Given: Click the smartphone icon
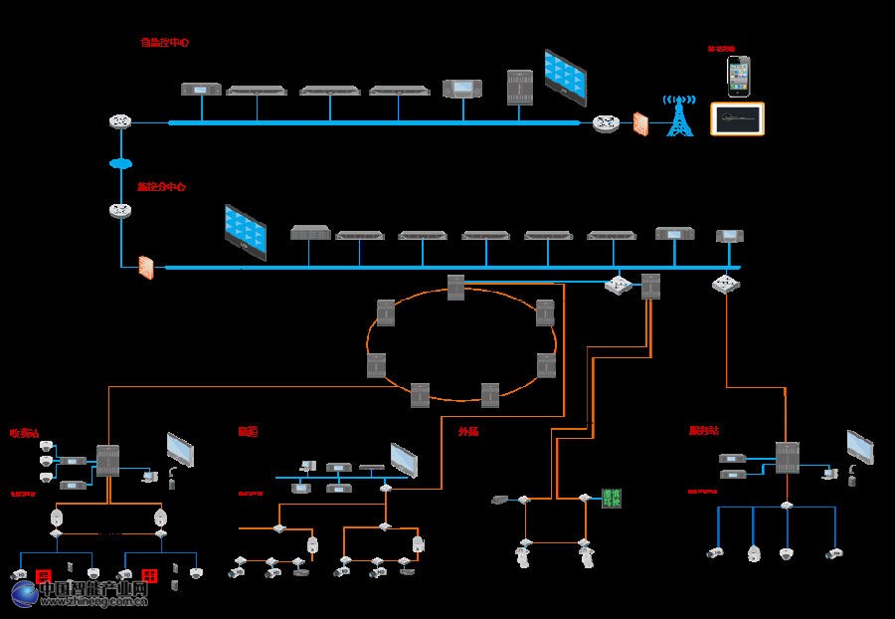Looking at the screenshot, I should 737,76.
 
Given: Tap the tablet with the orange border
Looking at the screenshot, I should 737,119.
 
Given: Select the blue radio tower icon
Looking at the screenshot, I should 680,116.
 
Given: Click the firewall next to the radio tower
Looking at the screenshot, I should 641,124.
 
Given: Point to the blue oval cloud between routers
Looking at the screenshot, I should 120,163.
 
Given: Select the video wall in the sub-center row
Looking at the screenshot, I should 245,232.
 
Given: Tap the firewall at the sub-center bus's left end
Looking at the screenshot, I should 146,268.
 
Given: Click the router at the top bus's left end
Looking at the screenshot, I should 120,122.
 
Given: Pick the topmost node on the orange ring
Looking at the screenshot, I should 455,288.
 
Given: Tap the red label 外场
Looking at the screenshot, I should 468,432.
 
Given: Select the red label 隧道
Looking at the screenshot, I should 247,432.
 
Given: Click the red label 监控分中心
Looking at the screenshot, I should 161,186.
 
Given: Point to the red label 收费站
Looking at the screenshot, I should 24,433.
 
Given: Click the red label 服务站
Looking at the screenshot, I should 703,431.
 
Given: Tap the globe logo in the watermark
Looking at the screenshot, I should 26,593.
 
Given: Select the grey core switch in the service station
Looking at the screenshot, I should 787,457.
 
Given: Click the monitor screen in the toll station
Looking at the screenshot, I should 180,451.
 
